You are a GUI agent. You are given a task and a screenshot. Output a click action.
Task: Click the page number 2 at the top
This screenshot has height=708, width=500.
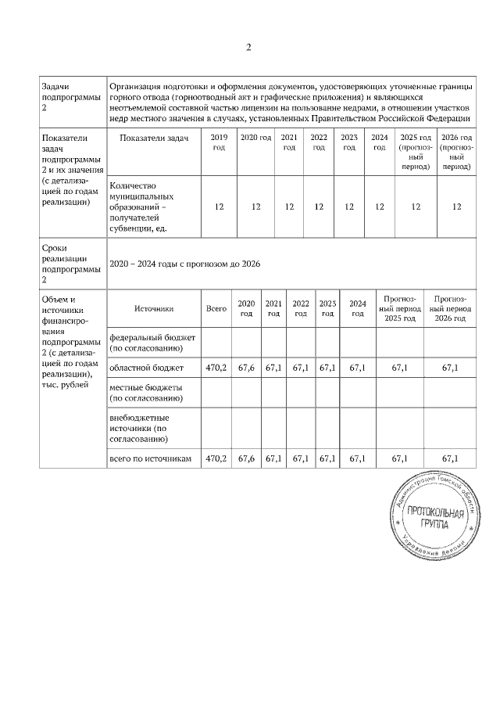pyautogui.click(x=248, y=48)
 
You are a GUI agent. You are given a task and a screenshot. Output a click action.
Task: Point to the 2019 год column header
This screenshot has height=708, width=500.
pyautogui.click(x=220, y=142)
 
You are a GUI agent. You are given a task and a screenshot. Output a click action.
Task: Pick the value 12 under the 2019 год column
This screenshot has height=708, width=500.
pyautogui.click(x=220, y=207)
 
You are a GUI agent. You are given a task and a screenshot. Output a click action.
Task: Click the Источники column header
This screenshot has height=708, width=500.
pyautogui.click(x=153, y=309)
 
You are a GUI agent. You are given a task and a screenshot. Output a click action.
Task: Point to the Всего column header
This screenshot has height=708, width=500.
pyautogui.click(x=216, y=309)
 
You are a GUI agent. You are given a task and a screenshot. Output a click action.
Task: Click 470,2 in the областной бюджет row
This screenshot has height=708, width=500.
pyautogui.click(x=216, y=367)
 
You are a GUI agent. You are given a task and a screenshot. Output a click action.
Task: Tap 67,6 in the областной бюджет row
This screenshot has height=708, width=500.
pyautogui.click(x=246, y=367)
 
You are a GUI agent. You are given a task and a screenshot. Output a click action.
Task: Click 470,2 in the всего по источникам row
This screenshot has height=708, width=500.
pyautogui.click(x=216, y=458)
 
